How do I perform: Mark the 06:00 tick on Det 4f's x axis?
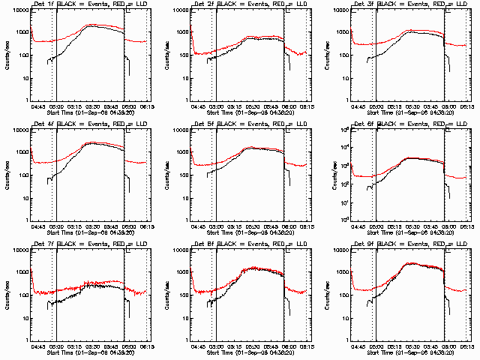[x=129, y=226]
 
